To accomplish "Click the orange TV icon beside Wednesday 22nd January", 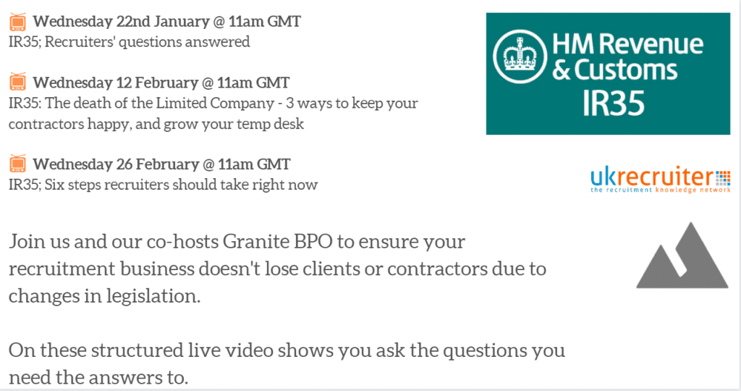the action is click(18, 22).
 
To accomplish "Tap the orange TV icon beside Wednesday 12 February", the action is click(18, 82).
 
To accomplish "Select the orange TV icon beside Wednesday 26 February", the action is click(18, 164).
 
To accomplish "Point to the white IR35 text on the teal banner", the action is click(614, 103).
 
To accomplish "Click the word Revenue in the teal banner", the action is click(653, 44).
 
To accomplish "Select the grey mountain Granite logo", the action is click(682, 256).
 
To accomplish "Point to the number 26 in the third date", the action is click(124, 164).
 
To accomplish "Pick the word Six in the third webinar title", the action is click(54, 185).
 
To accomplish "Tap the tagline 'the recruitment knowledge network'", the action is click(660, 190).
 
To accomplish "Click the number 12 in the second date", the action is click(123, 83).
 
